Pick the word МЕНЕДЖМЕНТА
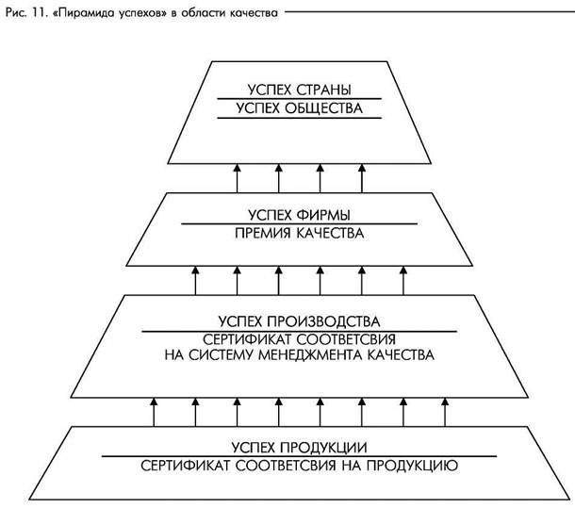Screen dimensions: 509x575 tap(318, 357)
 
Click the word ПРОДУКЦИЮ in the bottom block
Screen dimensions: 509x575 tap(409, 465)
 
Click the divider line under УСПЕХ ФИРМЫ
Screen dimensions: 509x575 tap(299, 223)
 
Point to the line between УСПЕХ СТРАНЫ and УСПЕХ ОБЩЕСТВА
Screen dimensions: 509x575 tap(299, 99)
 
